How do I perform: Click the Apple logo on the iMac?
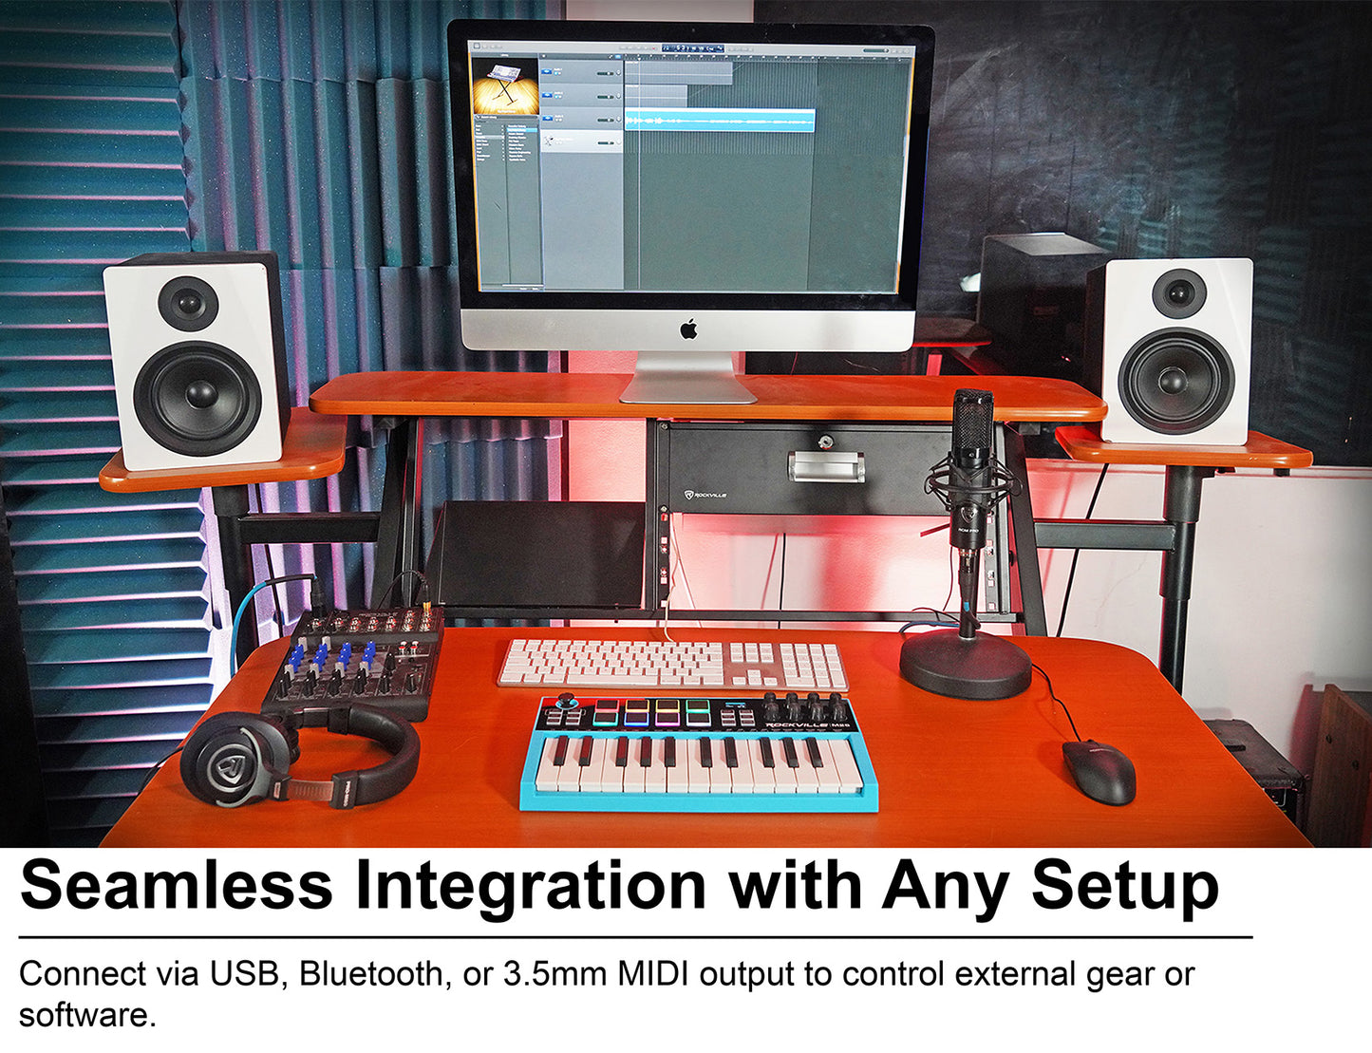(688, 329)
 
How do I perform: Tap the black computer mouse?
(1099, 770)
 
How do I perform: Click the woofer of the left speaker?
(197, 393)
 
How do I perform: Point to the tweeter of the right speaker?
(1178, 293)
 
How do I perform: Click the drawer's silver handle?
(825, 466)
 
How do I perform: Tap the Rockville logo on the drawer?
(705, 495)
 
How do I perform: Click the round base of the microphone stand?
(965, 667)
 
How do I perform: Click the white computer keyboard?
(672, 663)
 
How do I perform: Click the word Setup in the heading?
(1125, 886)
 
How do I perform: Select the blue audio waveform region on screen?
(719, 121)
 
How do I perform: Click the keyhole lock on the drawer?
(824, 440)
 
